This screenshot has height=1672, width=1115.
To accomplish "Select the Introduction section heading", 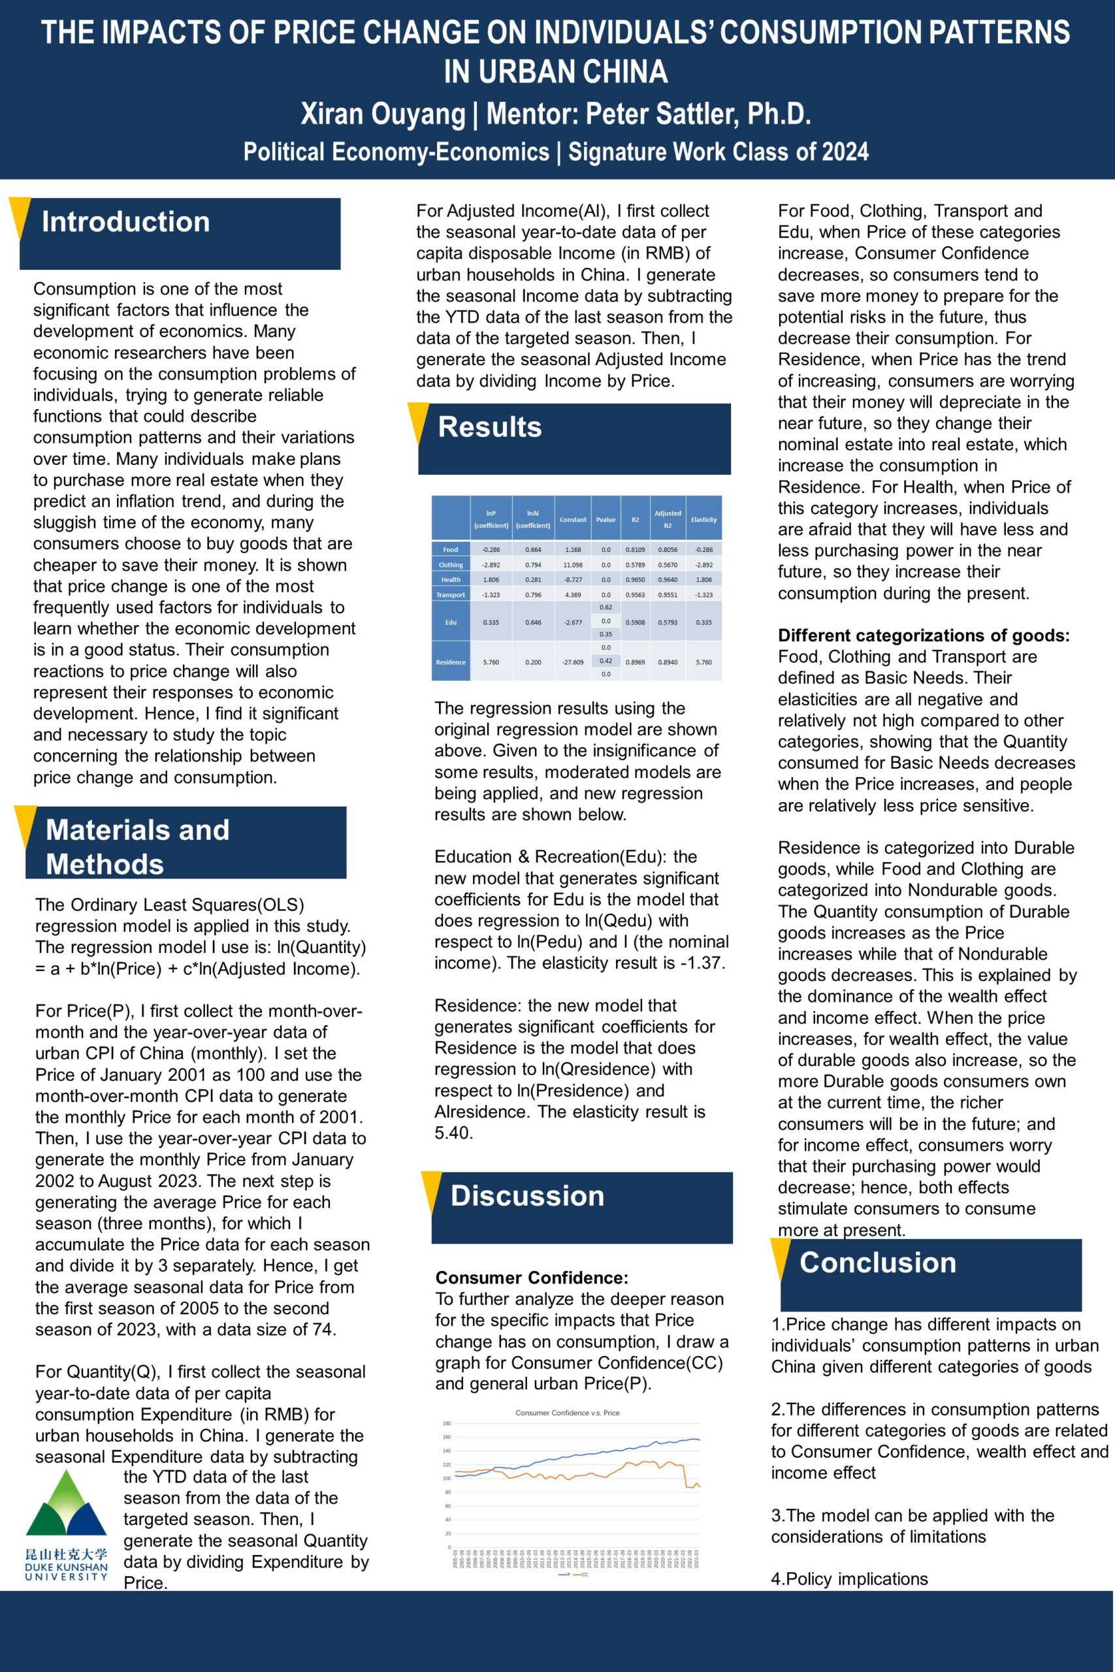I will point(126,222).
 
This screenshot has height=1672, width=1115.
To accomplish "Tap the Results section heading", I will point(490,427).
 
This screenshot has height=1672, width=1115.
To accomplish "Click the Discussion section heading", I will point(527,1196).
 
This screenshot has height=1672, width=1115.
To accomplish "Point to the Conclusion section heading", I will point(877,1262).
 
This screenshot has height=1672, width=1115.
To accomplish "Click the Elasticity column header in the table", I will point(703,520).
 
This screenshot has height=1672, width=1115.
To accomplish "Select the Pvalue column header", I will point(605,520).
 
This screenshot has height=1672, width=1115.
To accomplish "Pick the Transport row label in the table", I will point(451,595).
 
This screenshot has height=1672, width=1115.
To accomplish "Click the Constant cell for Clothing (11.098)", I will point(572,565).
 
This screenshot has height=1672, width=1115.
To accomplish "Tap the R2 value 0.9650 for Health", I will point(635,580).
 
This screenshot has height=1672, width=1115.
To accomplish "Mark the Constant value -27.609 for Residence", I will point(572,662).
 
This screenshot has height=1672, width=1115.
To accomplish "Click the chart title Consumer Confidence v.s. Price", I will point(567,1413).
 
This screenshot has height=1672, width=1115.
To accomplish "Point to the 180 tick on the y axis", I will point(447,1423).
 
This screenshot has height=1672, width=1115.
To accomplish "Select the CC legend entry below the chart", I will point(583,1575).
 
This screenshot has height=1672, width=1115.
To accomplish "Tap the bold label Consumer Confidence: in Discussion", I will point(532,1278).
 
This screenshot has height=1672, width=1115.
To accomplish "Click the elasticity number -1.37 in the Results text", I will point(701,963).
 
